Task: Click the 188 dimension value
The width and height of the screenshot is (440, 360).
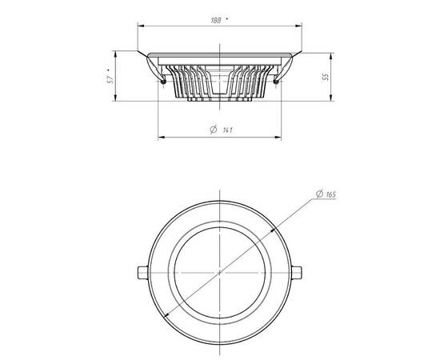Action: click(216, 21)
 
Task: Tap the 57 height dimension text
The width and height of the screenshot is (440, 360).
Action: click(110, 80)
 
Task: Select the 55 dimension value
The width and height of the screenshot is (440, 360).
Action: click(326, 77)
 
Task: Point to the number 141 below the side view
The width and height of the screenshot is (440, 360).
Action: click(227, 130)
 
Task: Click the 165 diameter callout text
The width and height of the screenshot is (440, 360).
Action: click(331, 194)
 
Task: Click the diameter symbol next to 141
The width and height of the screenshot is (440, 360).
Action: click(214, 130)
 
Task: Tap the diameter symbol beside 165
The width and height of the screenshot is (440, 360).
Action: click(319, 194)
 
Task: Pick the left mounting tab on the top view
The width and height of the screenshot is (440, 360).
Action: click(143, 273)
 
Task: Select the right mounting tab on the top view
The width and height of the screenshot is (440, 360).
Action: click(297, 273)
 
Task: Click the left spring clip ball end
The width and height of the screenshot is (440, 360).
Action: click(163, 82)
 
